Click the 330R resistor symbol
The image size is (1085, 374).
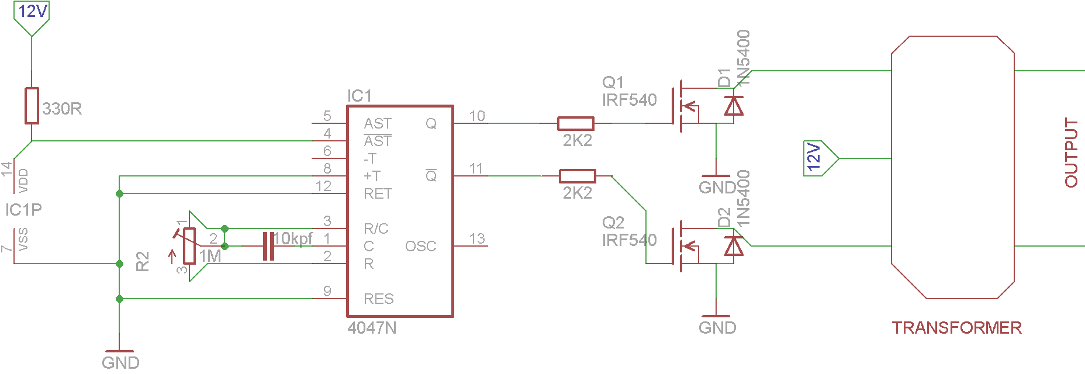(32, 106)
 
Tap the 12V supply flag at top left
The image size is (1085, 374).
(32, 15)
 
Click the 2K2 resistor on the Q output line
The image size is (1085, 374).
(576, 123)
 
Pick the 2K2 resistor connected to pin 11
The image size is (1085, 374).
(577, 176)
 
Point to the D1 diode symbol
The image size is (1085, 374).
(733, 106)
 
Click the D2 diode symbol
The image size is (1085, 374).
(733, 246)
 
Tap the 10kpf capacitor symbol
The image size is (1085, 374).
(268, 246)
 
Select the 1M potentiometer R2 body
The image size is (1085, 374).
(189, 246)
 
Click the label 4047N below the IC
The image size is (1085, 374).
(372, 328)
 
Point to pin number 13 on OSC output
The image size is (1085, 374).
(477, 238)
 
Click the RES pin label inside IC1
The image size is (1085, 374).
(378, 299)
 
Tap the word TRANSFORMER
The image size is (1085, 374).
(956, 328)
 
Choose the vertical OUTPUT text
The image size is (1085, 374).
(1071, 153)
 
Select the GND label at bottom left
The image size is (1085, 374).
(120, 362)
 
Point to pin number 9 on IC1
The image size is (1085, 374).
(327, 291)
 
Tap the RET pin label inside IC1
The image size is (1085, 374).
(378, 194)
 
